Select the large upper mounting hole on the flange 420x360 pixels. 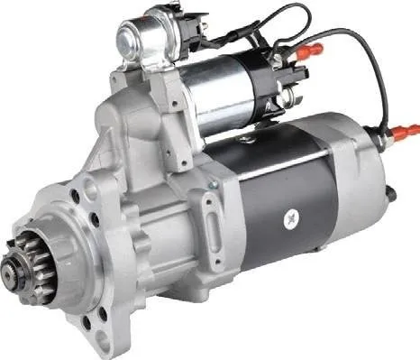[x=89, y=189]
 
